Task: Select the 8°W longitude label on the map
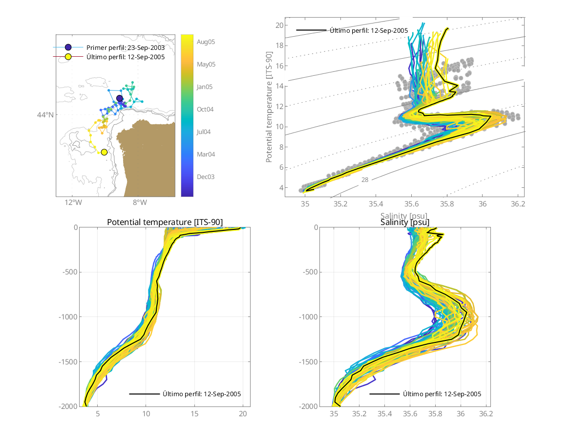click(139, 203)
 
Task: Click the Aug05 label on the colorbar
click(206, 42)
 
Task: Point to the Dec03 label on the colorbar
click(206, 177)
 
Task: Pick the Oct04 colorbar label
click(206, 109)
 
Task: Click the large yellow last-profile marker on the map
click(104, 152)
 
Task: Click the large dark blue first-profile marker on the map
click(120, 99)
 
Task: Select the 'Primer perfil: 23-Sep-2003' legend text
click(125, 48)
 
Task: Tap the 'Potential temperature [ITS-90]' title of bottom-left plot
click(165, 223)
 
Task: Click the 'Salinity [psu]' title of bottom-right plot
click(405, 223)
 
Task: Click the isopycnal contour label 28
click(365, 180)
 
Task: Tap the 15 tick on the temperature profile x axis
click(194, 414)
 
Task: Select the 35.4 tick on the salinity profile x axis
click(385, 414)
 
